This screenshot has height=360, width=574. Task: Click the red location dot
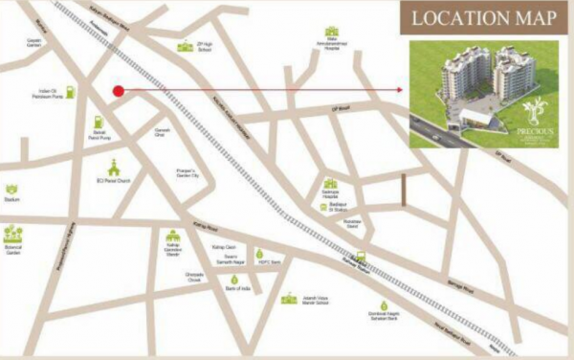click(x=119, y=92)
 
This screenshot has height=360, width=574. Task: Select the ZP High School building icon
click(x=183, y=46)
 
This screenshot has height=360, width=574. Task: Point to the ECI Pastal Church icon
click(x=113, y=165)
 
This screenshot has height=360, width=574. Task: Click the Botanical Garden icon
click(x=12, y=233)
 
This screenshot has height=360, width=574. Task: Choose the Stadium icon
click(x=11, y=190)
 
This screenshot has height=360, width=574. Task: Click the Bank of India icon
click(x=232, y=278)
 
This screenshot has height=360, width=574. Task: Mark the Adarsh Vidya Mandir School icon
click(x=289, y=298)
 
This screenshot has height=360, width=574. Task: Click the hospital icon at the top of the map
click(x=332, y=32)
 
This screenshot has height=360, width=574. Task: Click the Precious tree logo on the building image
click(x=532, y=108)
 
